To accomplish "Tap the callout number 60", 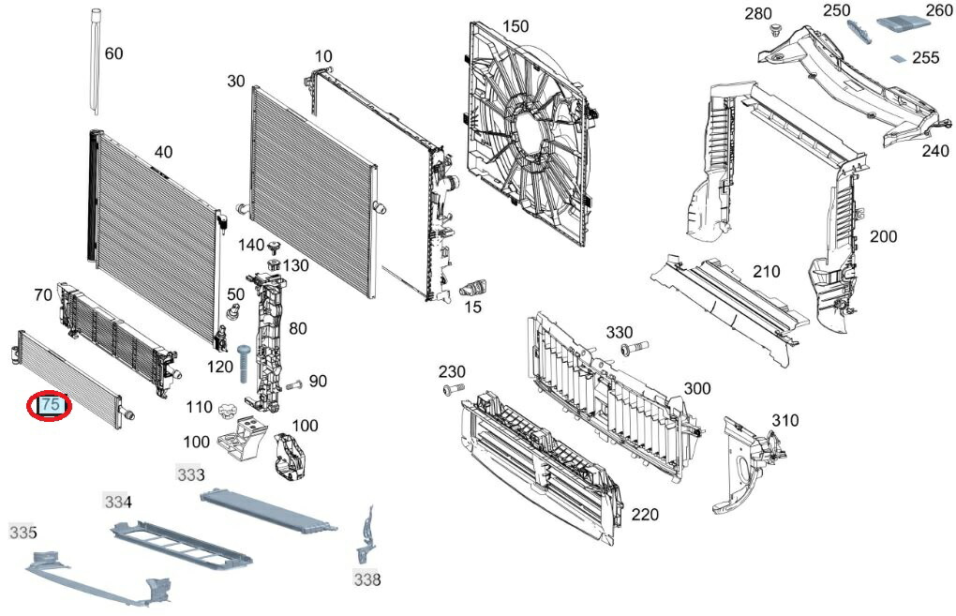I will [x=112, y=53].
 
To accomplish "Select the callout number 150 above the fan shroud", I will [x=515, y=25].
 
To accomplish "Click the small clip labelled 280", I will [x=775, y=32].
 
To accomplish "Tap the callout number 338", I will [x=367, y=579].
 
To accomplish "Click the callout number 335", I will [x=22, y=533].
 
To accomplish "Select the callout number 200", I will [x=883, y=236].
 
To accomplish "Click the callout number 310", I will [x=784, y=420].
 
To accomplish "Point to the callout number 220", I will [x=645, y=514].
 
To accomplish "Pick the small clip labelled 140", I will [x=274, y=248].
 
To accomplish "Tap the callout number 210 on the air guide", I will [x=766, y=273].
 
